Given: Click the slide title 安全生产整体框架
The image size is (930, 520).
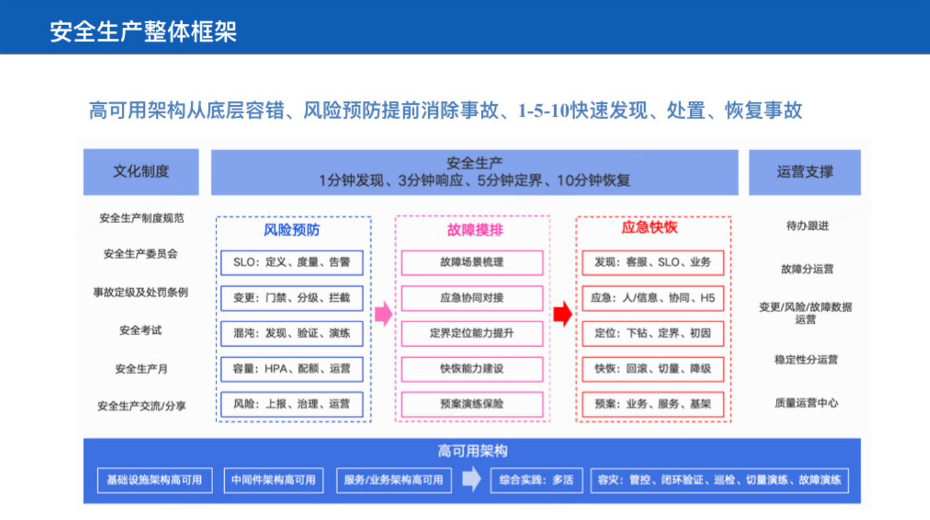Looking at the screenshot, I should point(144,31).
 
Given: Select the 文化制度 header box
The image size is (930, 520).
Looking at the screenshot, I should point(141,172).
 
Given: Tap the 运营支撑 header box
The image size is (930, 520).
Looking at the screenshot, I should point(804,172).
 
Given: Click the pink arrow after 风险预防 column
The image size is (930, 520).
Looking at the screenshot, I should point(383,314).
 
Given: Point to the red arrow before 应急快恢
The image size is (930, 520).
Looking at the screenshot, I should point(562,314).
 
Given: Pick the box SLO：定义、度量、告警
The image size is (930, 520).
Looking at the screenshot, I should point(292,263).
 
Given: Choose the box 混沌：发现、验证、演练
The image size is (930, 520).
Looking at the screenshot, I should point(292,334).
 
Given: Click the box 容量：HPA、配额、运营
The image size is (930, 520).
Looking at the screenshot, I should point(292,369).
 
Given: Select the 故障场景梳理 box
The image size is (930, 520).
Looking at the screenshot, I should point(472,263).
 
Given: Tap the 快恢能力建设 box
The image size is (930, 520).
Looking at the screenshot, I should point(472,369).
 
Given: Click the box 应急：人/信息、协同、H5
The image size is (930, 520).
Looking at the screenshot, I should point(653,298).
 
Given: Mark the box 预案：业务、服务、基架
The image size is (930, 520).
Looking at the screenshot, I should point(653,405).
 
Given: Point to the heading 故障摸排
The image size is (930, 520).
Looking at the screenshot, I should point(472,229).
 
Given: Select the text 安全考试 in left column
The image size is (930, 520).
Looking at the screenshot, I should point(140,331).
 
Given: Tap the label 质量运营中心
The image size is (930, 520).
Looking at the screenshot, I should point(806,403).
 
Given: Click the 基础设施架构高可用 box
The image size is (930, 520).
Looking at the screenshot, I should point(155,480).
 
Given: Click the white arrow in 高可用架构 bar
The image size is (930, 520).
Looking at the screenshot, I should point(471,479).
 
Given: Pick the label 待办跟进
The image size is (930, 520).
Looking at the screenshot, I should point(807,226).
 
